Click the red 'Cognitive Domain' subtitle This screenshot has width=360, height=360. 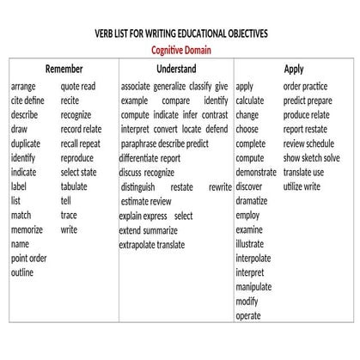coord(180,50)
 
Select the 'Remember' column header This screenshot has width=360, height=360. coord(64,69)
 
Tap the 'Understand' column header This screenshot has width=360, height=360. coord(176,69)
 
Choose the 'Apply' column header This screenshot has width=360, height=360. coord(294,69)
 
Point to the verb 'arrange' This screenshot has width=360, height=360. coord(24,87)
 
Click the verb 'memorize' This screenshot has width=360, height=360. coord(27,230)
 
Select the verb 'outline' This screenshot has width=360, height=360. coord(22,273)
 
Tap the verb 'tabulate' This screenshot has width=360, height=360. coord(74,186)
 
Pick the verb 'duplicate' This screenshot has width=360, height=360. coord(26,143)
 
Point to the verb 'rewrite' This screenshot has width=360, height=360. coord(221,186)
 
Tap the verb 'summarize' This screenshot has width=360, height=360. coord(161,230)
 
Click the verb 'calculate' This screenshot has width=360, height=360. coord(250,101)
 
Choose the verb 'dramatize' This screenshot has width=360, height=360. coord(252,201)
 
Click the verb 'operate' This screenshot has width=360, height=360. coord(248,316)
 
